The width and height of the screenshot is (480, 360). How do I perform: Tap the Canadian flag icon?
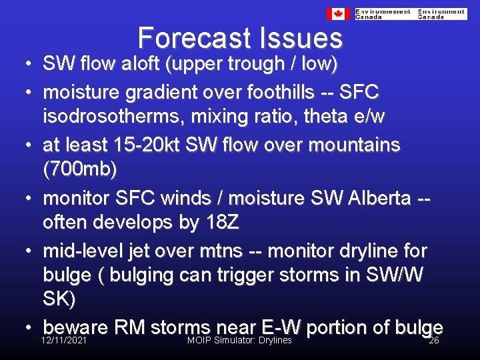[x=338, y=14]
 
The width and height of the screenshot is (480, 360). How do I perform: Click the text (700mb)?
[x=79, y=169]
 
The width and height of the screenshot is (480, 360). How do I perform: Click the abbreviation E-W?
[x=281, y=327]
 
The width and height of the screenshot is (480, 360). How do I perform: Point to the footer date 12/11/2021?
[x=64, y=341]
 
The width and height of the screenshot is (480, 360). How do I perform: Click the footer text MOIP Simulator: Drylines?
[x=239, y=341]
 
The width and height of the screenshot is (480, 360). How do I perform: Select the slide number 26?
[x=433, y=341]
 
